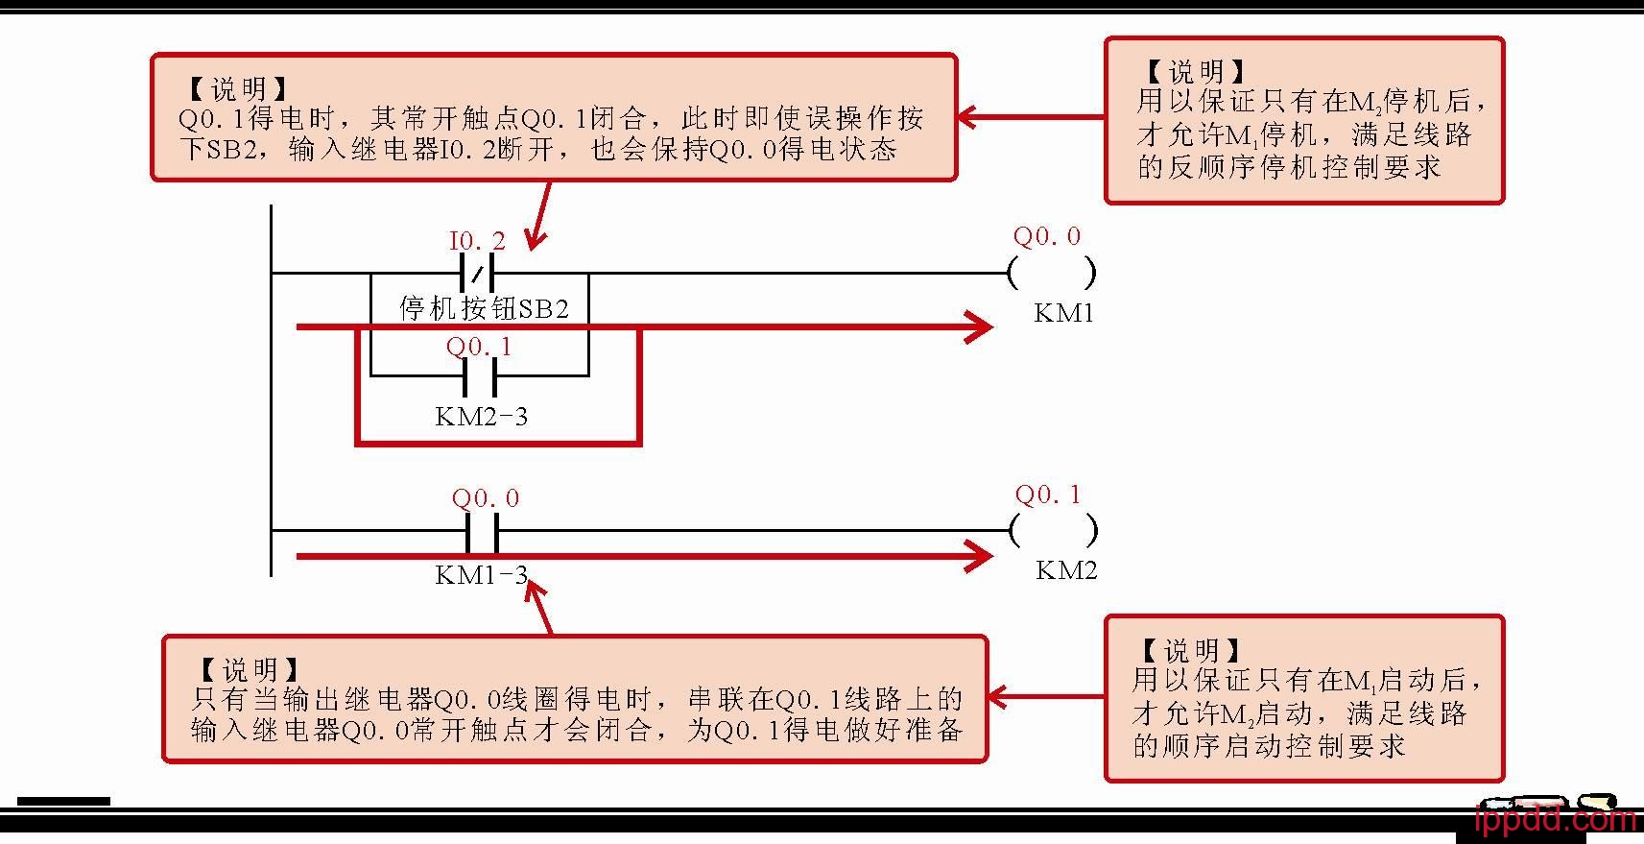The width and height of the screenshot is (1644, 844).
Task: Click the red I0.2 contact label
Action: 477,241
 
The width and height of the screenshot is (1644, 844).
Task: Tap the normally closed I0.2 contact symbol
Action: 477,274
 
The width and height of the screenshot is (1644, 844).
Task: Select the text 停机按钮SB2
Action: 484,308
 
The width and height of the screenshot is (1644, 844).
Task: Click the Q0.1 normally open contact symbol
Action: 479,376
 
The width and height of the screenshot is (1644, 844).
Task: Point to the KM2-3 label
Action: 481,417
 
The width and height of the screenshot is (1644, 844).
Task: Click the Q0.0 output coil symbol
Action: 1052,274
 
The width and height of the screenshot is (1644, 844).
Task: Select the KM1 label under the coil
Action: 1063,313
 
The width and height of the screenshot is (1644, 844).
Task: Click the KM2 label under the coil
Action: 1065,570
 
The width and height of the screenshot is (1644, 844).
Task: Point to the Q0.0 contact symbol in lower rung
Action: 482,530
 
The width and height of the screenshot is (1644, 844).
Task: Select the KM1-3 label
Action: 481,575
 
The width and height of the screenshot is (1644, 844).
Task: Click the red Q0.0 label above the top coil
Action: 1046,236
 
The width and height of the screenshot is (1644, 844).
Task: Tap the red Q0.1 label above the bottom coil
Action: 1047,495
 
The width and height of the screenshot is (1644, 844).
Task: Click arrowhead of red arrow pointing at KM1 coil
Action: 980,326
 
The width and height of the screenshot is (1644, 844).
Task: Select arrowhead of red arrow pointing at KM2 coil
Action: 980,556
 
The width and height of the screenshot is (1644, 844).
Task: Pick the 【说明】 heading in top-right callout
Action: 1195,71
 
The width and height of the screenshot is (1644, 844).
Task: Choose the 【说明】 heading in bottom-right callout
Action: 1191,651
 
